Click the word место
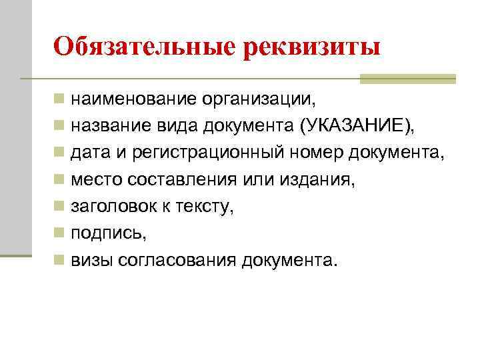click(x=94, y=180)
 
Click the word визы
click(x=91, y=260)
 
